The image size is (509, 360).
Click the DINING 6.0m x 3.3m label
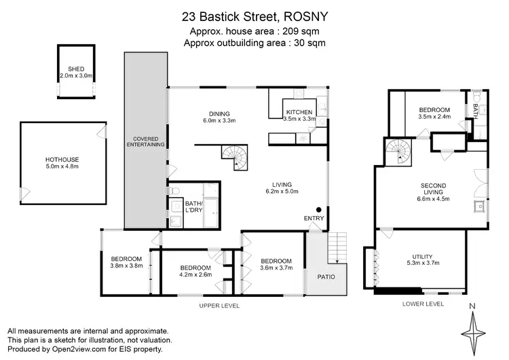pos(219,117)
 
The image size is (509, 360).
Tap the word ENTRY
pos(314,218)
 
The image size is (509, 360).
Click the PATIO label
pos(327,276)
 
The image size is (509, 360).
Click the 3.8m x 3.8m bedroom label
pos(127,262)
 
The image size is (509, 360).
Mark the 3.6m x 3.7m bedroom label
pos(276,265)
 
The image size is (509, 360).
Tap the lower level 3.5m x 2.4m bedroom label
pos(434,113)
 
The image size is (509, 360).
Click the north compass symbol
pos(472,329)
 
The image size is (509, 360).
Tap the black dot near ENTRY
pos(318,209)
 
